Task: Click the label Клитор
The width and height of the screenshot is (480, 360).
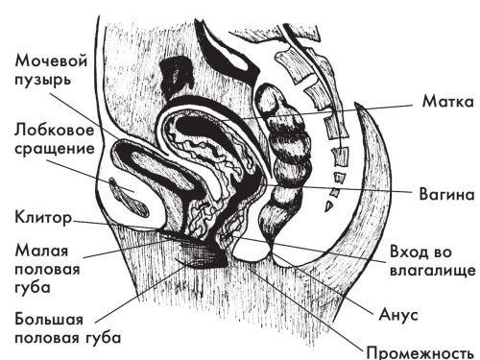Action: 41,216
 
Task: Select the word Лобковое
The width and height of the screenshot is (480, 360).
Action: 54,129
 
